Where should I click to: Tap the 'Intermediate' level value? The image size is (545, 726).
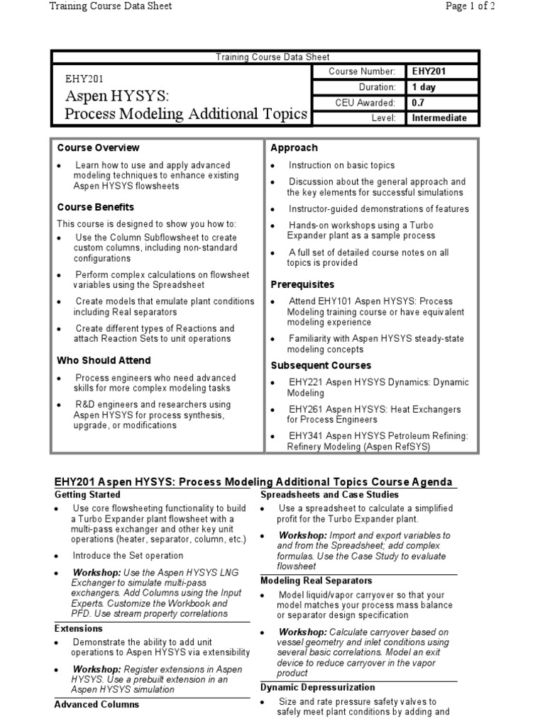point(439,118)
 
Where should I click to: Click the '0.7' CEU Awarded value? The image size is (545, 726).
point(419,103)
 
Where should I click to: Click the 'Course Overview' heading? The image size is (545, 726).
point(98,147)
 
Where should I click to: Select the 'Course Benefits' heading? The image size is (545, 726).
point(96,207)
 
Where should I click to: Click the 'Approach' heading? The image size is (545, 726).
point(294,147)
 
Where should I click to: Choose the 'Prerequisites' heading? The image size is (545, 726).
point(303,284)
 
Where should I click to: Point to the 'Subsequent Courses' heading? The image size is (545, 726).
point(321,365)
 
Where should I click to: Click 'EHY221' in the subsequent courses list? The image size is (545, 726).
point(304,382)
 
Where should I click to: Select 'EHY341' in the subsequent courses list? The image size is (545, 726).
point(304,436)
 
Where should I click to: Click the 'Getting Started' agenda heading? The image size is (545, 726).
point(87,494)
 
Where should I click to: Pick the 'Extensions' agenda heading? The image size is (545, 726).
point(79,628)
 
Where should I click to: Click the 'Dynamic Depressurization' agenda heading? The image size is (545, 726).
point(317,687)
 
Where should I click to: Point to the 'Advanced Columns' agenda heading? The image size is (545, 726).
point(97,704)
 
